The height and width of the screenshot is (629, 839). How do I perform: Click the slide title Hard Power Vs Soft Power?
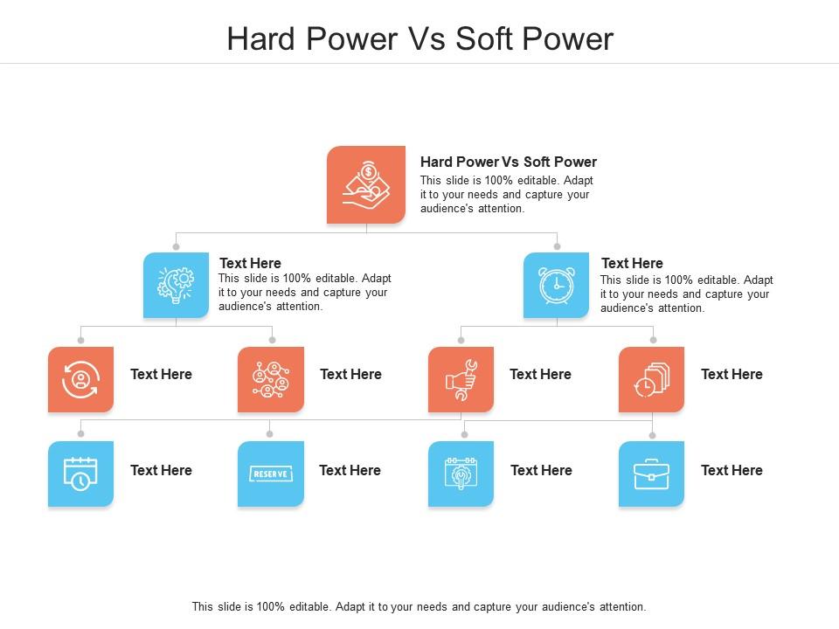coord(419,39)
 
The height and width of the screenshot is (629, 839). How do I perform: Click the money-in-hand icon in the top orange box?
coord(366,184)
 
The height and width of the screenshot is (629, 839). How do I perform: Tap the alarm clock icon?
coord(556,285)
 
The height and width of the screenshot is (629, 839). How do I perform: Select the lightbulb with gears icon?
coord(176,285)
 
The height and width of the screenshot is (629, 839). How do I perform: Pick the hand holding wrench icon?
coord(461,379)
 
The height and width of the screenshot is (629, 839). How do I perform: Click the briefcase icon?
coord(651,474)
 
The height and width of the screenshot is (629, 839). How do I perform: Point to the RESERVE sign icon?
coord(271,473)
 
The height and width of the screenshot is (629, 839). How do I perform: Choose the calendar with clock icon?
coord(80,473)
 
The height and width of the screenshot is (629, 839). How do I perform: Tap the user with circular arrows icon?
coord(80,379)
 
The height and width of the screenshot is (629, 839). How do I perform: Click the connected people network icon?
coord(271,379)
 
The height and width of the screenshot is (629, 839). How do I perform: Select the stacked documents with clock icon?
coord(651,379)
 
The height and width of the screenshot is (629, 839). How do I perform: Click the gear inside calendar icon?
coord(461,473)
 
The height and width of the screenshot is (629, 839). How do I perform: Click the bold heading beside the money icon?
coord(509,162)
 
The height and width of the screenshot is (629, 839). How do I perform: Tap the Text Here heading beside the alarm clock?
coord(632,263)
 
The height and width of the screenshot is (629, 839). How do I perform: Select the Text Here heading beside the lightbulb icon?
coord(250,263)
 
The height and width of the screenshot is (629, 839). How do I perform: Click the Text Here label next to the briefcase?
coord(732,470)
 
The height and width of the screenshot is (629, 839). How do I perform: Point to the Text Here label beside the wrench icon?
coord(540,374)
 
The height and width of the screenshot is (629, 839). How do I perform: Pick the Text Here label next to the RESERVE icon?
coord(350,470)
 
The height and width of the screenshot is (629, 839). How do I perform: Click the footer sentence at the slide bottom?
coord(419,606)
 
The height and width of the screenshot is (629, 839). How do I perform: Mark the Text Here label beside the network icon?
coord(350,374)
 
